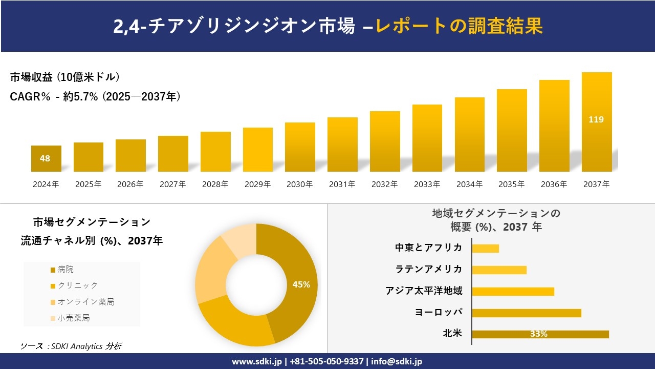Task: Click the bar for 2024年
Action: tap(46, 158)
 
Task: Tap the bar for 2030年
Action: tap(300, 147)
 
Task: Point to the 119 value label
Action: tap(596, 120)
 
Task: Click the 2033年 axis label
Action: tap(427, 184)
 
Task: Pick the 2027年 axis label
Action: tap(172, 184)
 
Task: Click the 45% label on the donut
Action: tap(301, 285)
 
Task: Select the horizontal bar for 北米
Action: tap(540, 334)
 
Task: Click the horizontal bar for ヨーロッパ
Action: tap(526, 313)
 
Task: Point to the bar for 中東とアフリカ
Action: tap(485, 249)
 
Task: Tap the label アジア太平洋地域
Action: tap(424, 291)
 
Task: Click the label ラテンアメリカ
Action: tap(428, 270)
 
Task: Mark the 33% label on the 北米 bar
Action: tap(538, 334)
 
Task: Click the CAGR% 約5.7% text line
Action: tap(95, 97)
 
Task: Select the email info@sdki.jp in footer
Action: tap(397, 361)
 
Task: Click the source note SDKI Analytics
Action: tap(72, 346)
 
